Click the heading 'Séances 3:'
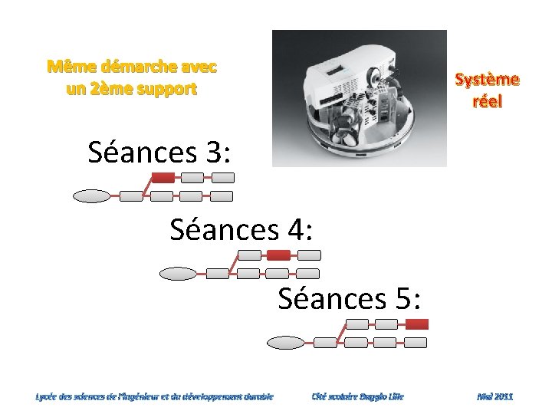(159, 152)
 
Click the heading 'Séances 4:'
(241, 228)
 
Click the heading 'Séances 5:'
(350, 297)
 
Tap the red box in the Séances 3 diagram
(163, 177)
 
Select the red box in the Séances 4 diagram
(278, 255)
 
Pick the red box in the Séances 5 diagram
(416, 324)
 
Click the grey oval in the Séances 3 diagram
(91, 196)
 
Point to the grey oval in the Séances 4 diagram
(179, 273)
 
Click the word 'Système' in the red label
(487, 80)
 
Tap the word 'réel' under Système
(487, 100)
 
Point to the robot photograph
(360, 98)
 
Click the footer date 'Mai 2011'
(495, 396)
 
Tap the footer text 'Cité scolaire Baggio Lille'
(357, 396)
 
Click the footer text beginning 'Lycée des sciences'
(154, 396)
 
